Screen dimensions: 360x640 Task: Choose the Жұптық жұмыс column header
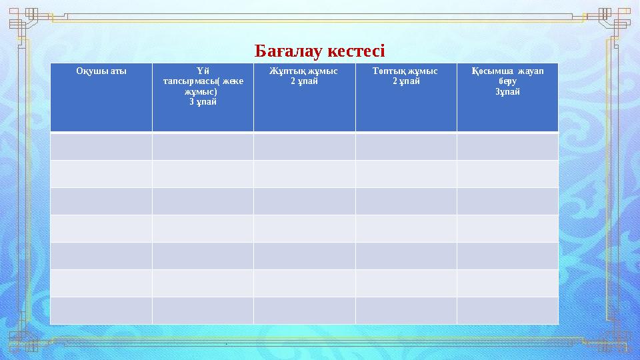pos(304,71)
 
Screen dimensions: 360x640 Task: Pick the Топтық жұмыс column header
pos(405,71)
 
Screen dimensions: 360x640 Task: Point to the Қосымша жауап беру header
pos(507,76)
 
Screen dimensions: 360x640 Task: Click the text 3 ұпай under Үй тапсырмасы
pos(203,102)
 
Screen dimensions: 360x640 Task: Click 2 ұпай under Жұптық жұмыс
pos(304,81)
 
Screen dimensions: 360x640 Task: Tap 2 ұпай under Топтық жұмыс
pos(405,81)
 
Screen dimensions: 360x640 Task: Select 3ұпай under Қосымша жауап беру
pos(507,92)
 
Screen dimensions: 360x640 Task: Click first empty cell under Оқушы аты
pos(101,146)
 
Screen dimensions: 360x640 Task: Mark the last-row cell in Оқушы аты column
pos(101,310)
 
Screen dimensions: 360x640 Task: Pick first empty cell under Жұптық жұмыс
pos(304,146)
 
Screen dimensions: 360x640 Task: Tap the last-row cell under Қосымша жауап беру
pos(507,310)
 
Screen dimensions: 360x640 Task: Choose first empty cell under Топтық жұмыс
pos(405,146)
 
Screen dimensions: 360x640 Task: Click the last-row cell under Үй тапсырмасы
pos(203,310)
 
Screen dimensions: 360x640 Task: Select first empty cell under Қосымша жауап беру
pos(507,146)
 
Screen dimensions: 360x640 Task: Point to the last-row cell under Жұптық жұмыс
pos(304,310)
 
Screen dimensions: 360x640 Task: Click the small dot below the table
pos(227,345)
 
